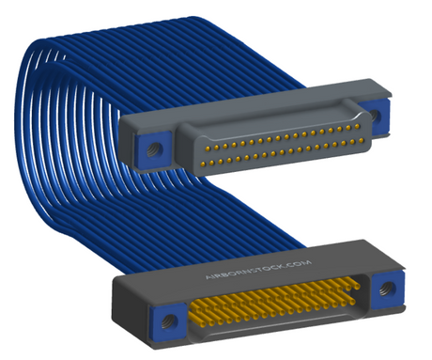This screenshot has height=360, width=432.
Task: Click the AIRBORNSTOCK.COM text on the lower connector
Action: pos(258,270)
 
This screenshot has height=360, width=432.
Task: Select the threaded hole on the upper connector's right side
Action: pos(374,115)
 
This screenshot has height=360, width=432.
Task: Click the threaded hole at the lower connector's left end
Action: pos(169,321)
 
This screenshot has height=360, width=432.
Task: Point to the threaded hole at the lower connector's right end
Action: pos(387,289)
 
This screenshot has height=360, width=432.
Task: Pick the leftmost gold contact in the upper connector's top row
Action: pos(208,147)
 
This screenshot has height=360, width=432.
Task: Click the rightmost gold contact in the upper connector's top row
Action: pos(357,126)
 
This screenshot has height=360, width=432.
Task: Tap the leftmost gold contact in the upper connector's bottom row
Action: pos(203,164)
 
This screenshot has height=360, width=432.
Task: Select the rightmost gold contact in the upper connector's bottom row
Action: pos(362,140)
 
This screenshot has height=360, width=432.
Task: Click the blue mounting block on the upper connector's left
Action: pos(153,149)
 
